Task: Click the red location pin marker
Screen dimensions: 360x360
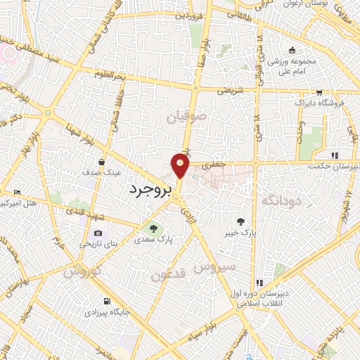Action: point(181,166)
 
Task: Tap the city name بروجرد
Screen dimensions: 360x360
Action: point(150,189)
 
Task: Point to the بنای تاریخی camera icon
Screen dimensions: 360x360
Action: point(98,233)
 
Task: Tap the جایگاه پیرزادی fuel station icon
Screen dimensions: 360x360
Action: point(106,298)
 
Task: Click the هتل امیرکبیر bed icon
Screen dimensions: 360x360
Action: point(17,192)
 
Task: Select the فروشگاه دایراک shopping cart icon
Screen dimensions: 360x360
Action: point(319,92)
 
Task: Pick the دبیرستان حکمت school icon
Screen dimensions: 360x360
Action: point(335,155)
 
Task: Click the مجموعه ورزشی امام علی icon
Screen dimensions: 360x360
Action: point(292,51)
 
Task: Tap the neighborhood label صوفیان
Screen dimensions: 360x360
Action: point(186,118)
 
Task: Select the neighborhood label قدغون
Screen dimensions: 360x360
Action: point(169,275)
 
